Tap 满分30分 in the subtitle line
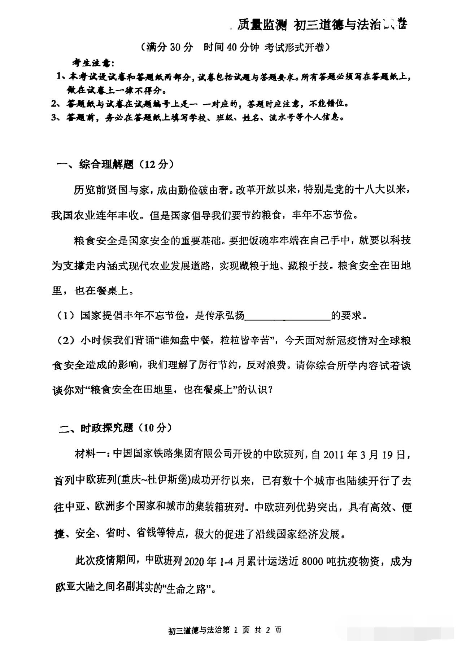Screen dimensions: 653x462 pyautogui.click(x=167, y=47)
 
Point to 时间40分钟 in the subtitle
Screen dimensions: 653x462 pyautogui.click(x=231, y=47)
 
